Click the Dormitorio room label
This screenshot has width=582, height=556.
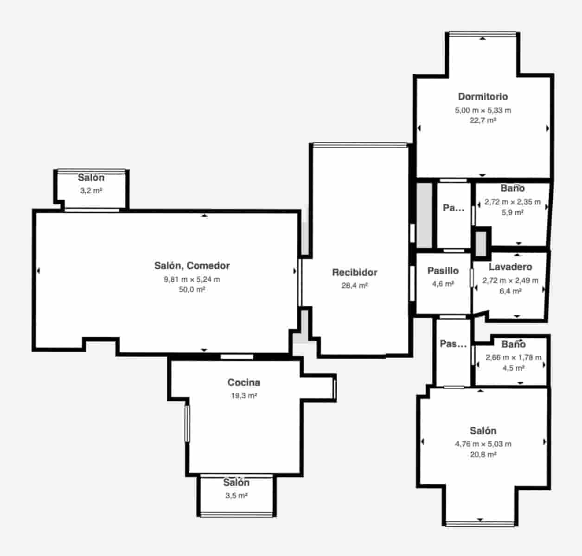click(483, 97)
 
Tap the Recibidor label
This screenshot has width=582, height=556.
click(354, 272)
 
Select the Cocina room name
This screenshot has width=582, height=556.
click(243, 382)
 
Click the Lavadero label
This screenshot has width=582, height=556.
click(510, 267)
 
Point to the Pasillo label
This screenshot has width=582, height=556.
click(443, 271)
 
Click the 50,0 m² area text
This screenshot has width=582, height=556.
click(192, 290)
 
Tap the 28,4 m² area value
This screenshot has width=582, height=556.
click(354, 285)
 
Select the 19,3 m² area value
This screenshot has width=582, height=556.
click(244, 396)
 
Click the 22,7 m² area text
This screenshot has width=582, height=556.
click(483, 120)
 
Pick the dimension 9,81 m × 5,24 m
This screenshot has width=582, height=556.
click(192, 279)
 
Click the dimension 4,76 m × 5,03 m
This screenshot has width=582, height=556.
click(483, 444)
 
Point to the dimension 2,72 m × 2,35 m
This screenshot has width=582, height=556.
click(512, 202)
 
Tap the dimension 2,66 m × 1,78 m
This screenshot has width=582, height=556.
click(513, 357)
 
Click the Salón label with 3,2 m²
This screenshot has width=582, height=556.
click(91, 178)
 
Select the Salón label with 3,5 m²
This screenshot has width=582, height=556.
click(236, 482)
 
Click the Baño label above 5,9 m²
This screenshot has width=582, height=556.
click(512, 188)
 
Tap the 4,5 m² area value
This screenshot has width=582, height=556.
click(513, 368)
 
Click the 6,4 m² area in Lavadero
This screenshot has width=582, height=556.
click(510, 291)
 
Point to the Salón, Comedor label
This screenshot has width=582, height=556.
click(192, 266)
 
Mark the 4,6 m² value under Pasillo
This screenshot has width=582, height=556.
click(443, 284)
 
